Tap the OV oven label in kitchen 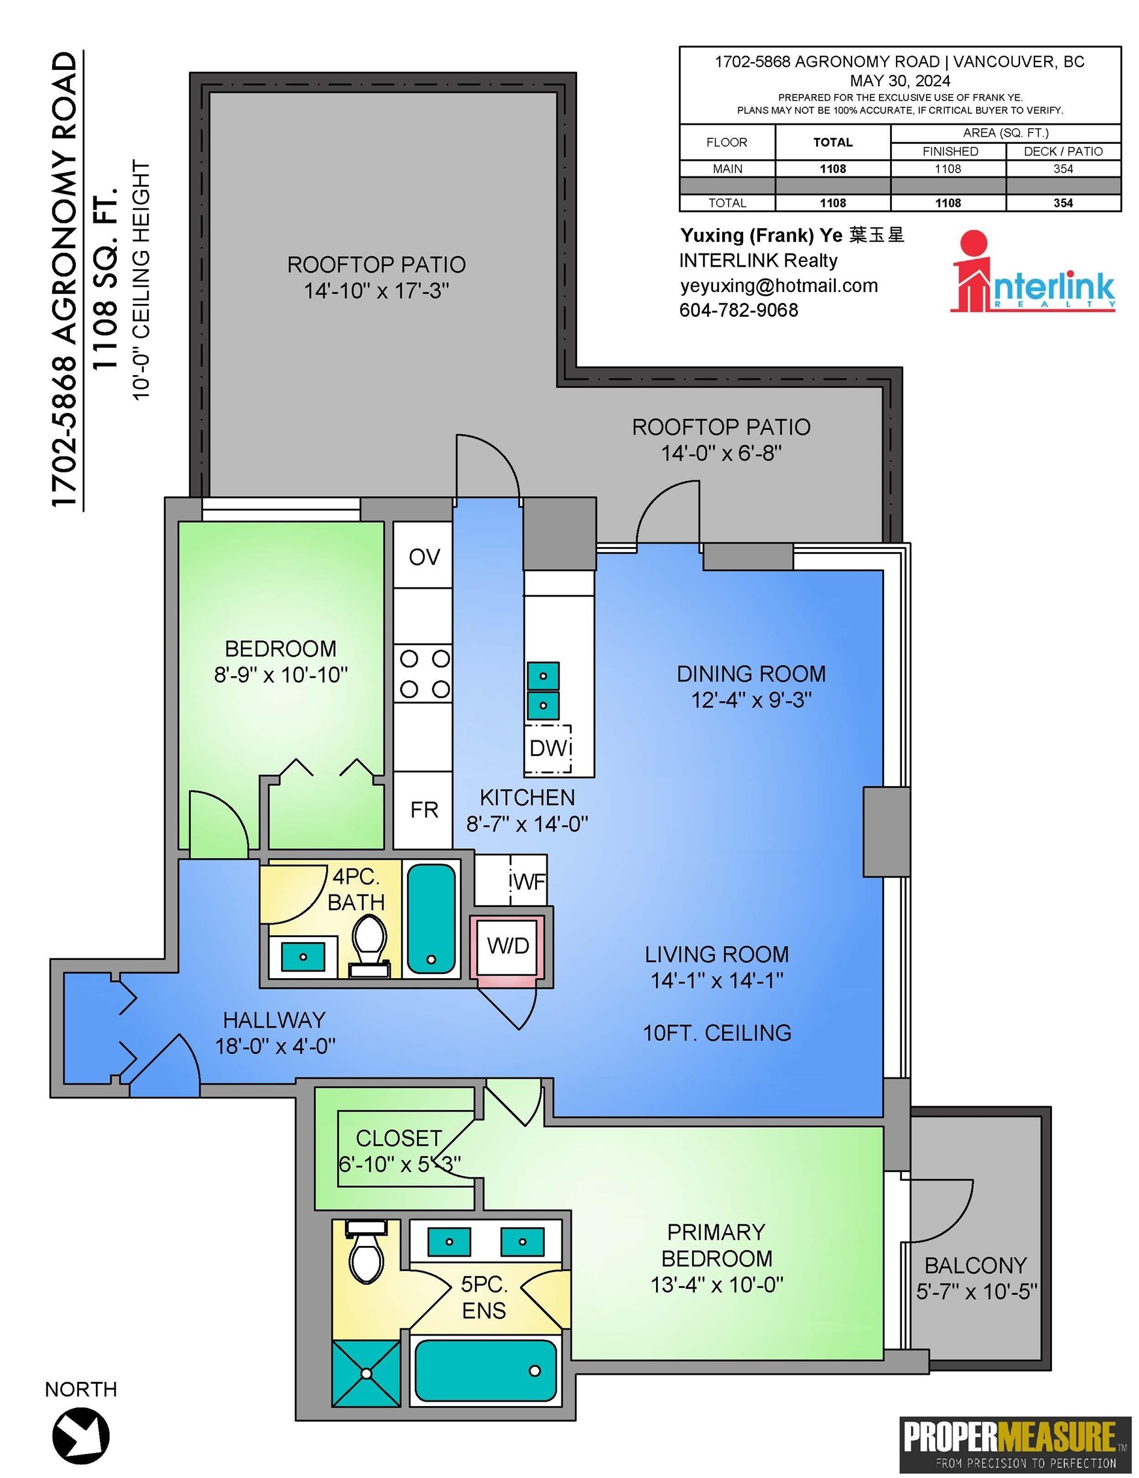pyautogui.click(x=424, y=557)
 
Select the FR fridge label pyautogui.click(x=424, y=810)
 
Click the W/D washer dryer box pyautogui.click(x=508, y=945)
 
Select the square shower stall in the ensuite pyautogui.click(x=366, y=1373)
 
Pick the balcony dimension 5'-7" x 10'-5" pyautogui.click(x=976, y=1291)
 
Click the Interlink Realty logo pyautogui.click(x=1033, y=271)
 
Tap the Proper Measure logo pyautogui.click(x=1014, y=1443)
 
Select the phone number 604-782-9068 pyautogui.click(x=738, y=310)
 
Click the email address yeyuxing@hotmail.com pyautogui.click(x=779, y=286)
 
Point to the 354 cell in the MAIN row pyautogui.click(x=1063, y=169)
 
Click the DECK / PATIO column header pyautogui.click(x=1063, y=152)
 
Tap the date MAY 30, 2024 pyautogui.click(x=900, y=80)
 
